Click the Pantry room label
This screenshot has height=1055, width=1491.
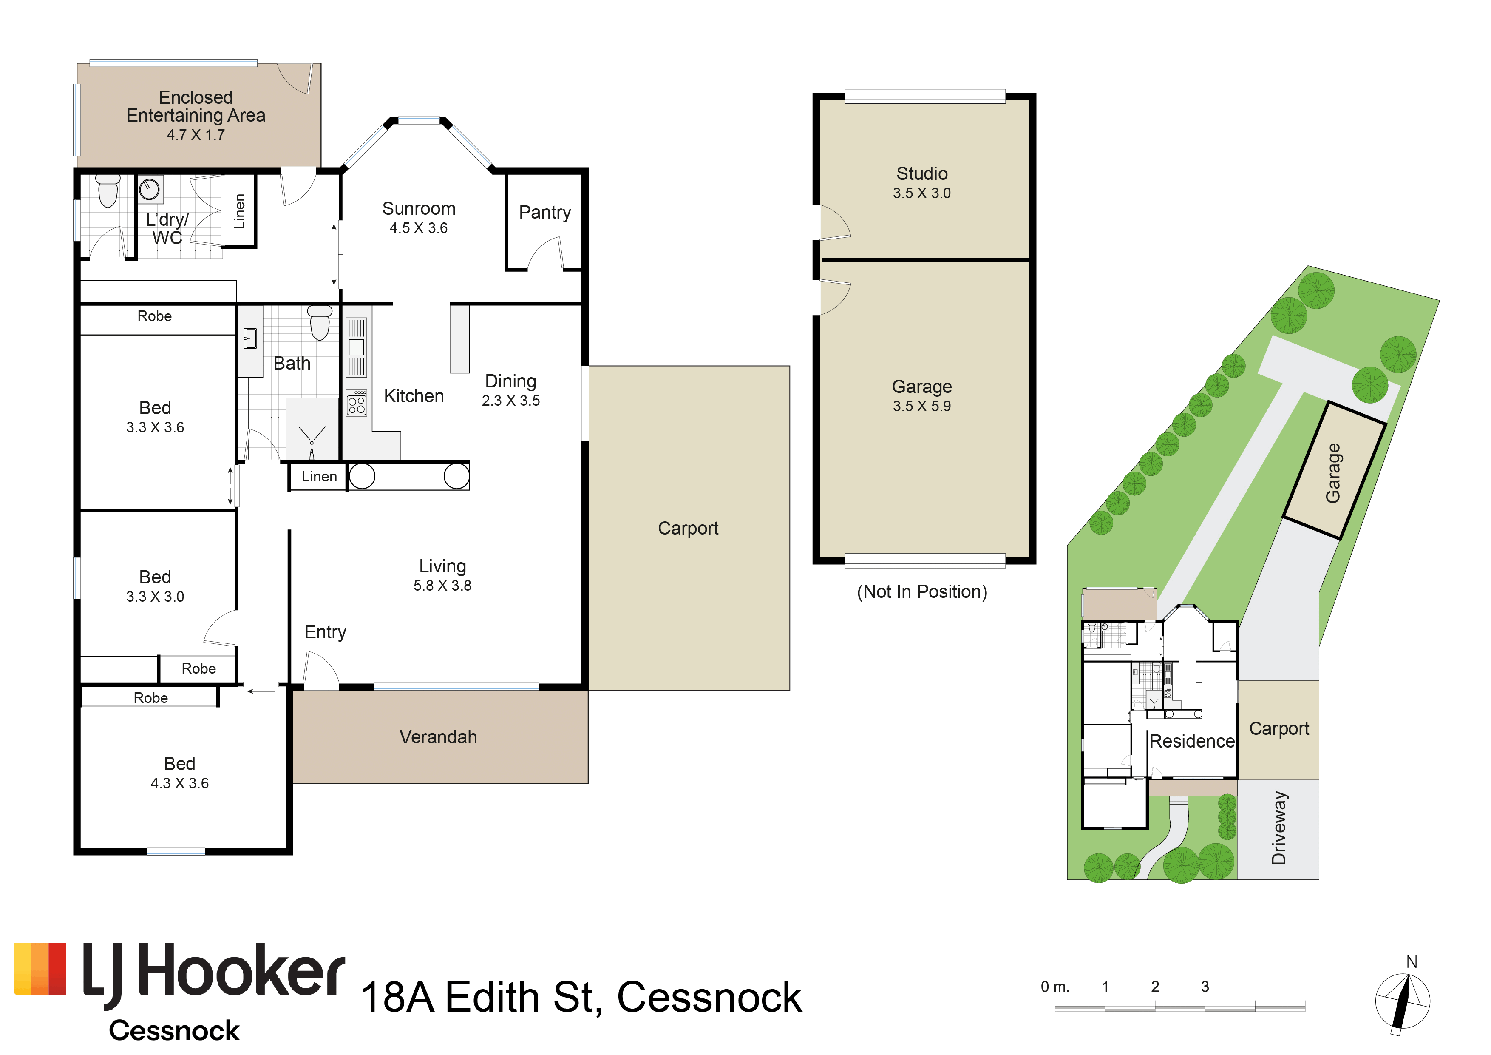[545, 213]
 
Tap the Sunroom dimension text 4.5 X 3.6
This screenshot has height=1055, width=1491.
[418, 228]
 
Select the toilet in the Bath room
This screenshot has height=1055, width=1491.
[320, 322]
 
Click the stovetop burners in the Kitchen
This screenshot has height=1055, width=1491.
[357, 403]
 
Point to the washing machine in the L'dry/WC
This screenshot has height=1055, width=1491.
[150, 190]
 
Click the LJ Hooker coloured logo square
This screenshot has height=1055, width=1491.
[40, 969]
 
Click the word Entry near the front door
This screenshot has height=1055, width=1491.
[325, 632]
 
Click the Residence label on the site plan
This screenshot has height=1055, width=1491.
[1192, 741]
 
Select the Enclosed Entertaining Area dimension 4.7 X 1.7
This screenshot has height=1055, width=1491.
[196, 135]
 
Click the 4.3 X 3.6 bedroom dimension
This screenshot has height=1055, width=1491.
[179, 783]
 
